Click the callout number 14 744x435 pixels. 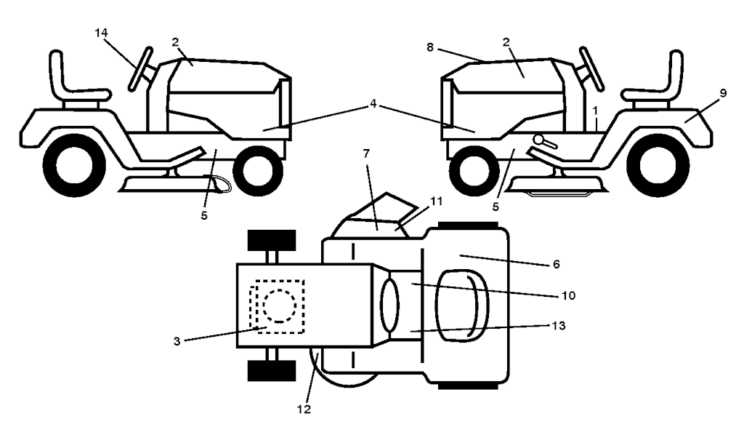(101, 33)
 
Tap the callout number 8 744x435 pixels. (430, 47)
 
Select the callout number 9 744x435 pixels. (723, 94)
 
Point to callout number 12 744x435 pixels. (304, 410)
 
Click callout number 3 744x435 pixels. (177, 341)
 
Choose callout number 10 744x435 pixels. (568, 296)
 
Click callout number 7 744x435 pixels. (366, 153)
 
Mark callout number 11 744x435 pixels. (436, 201)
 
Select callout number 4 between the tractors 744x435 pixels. (373, 103)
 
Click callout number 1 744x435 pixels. (595, 111)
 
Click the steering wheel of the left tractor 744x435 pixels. (141, 69)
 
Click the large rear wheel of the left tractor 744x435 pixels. (74, 165)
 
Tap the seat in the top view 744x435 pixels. (461, 306)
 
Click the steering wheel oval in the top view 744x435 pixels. (390, 305)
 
